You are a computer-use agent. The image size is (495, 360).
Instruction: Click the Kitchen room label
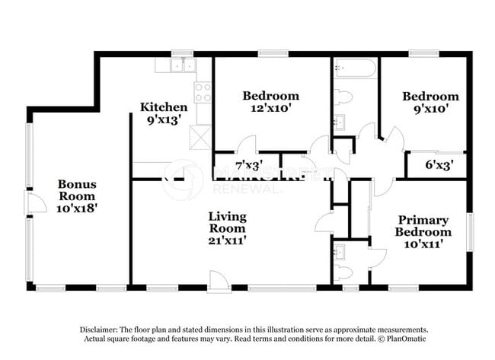coord(164,107)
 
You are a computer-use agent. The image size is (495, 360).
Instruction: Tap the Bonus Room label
coord(77,190)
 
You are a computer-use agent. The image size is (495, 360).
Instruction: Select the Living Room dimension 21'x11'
coord(227,241)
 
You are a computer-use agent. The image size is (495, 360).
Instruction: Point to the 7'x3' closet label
coord(249,164)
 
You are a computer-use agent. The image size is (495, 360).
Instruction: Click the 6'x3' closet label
coord(439,164)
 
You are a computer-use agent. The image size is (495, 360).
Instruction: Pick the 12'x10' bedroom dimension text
coord(270,108)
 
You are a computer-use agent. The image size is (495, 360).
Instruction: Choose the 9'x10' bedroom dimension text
coord(430,109)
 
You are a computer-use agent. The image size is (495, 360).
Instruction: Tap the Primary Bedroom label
coord(423,226)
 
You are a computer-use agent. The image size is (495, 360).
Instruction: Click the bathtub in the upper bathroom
coord(355,68)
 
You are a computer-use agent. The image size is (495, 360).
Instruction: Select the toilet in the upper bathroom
coord(343,97)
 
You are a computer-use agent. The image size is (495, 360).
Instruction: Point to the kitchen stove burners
coord(203,92)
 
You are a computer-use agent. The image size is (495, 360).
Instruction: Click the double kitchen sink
coord(183,65)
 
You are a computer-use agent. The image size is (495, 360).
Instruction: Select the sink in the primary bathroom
coord(340,251)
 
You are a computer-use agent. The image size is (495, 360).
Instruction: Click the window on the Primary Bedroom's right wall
coord(471,232)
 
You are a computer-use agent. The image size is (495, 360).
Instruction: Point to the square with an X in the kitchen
coord(200,137)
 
